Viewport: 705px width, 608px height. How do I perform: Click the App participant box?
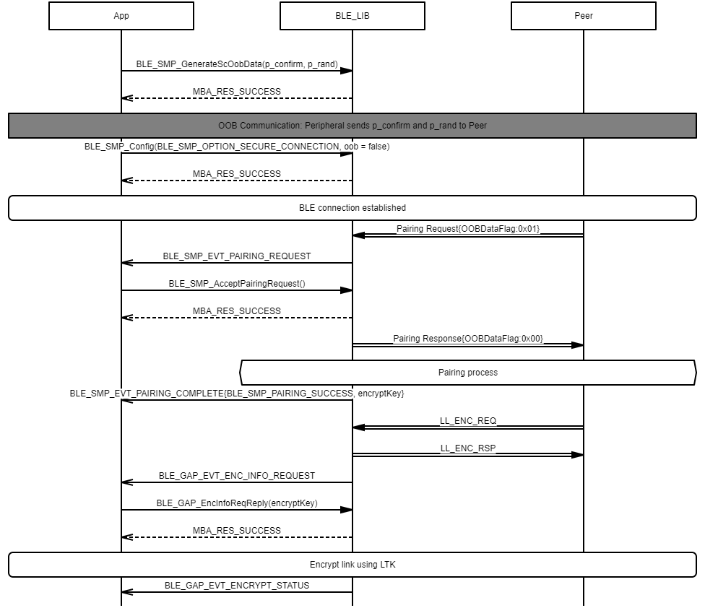[121, 16]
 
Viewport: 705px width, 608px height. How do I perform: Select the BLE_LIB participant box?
[352, 16]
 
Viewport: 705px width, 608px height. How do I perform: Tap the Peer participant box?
[584, 16]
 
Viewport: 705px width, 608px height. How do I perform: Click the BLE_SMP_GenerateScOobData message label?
[237, 64]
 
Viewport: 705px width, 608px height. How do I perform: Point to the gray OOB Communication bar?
[352, 125]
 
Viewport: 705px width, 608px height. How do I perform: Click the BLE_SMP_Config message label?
[237, 147]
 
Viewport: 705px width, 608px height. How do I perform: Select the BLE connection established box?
[352, 208]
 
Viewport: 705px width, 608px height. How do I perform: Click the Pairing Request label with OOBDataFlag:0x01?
[468, 229]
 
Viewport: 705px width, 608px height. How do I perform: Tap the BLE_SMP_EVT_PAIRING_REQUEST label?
[237, 256]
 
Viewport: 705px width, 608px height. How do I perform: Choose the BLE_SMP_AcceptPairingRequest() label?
[237, 284]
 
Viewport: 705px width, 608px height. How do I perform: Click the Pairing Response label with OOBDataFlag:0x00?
[468, 339]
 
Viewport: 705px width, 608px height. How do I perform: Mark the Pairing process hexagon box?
[468, 373]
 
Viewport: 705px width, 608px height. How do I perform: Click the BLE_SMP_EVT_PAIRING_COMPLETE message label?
[237, 394]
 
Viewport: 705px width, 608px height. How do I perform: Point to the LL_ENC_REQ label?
[468, 421]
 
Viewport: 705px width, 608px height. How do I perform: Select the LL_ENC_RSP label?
[468, 448]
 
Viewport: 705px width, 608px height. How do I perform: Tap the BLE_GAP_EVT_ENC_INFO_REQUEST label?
[237, 476]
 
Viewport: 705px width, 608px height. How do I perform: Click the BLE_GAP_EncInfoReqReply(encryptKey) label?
[237, 503]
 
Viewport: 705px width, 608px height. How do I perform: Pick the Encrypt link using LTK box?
[352, 565]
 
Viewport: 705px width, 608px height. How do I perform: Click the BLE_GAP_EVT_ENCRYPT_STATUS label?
[237, 586]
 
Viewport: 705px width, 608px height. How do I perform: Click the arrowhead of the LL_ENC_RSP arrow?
[578, 455]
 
